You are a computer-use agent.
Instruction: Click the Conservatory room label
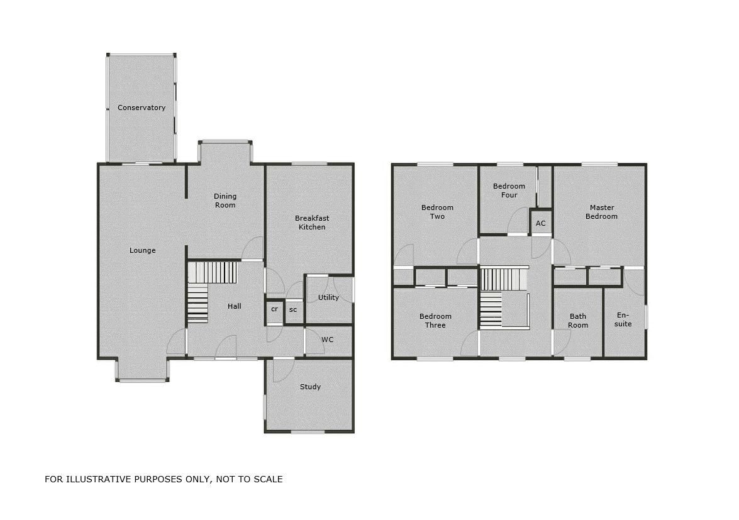(x=142, y=108)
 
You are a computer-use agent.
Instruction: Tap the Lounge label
(x=142, y=250)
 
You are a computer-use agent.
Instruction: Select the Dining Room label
(x=225, y=201)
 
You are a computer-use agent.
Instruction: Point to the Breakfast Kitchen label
(x=312, y=223)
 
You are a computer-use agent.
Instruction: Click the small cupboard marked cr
(x=274, y=309)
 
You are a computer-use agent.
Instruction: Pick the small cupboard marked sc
(x=293, y=309)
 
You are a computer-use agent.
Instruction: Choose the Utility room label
(x=328, y=297)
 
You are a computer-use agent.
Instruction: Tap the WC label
(x=328, y=340)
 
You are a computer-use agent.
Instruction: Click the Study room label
(x=310, y=387)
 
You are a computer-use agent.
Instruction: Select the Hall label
(x=235, y=306)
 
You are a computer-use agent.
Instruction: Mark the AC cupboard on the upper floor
(x=540, y=223)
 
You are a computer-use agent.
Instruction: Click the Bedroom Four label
(x=509, y=191)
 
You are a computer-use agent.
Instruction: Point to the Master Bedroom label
(x=601, y=212)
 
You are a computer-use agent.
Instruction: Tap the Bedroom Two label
(x=437, y=212)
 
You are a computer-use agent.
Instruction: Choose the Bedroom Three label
(x=435, y=321)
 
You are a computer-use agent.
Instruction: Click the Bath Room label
(x=578, y=321)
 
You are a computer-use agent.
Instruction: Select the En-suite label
(x=623, y=319)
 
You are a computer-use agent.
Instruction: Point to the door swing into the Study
(x=282, y=370)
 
